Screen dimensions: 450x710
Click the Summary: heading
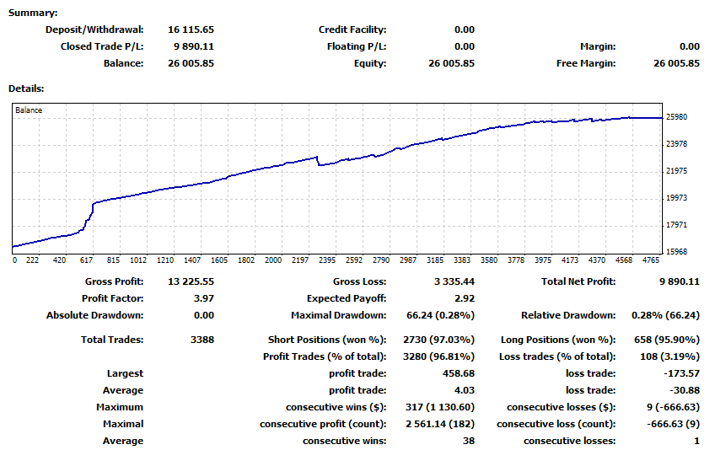34,13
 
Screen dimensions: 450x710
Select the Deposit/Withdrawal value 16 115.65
191,29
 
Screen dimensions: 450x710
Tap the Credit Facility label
352,29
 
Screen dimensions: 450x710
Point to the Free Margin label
586,63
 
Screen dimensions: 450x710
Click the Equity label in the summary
370,63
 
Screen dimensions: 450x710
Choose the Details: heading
26,88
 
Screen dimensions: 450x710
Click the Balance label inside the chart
29,110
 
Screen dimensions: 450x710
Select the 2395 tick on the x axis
327,260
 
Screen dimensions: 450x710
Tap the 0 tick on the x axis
15,260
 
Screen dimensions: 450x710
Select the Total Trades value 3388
202,340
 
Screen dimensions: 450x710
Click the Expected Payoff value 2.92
464,298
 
